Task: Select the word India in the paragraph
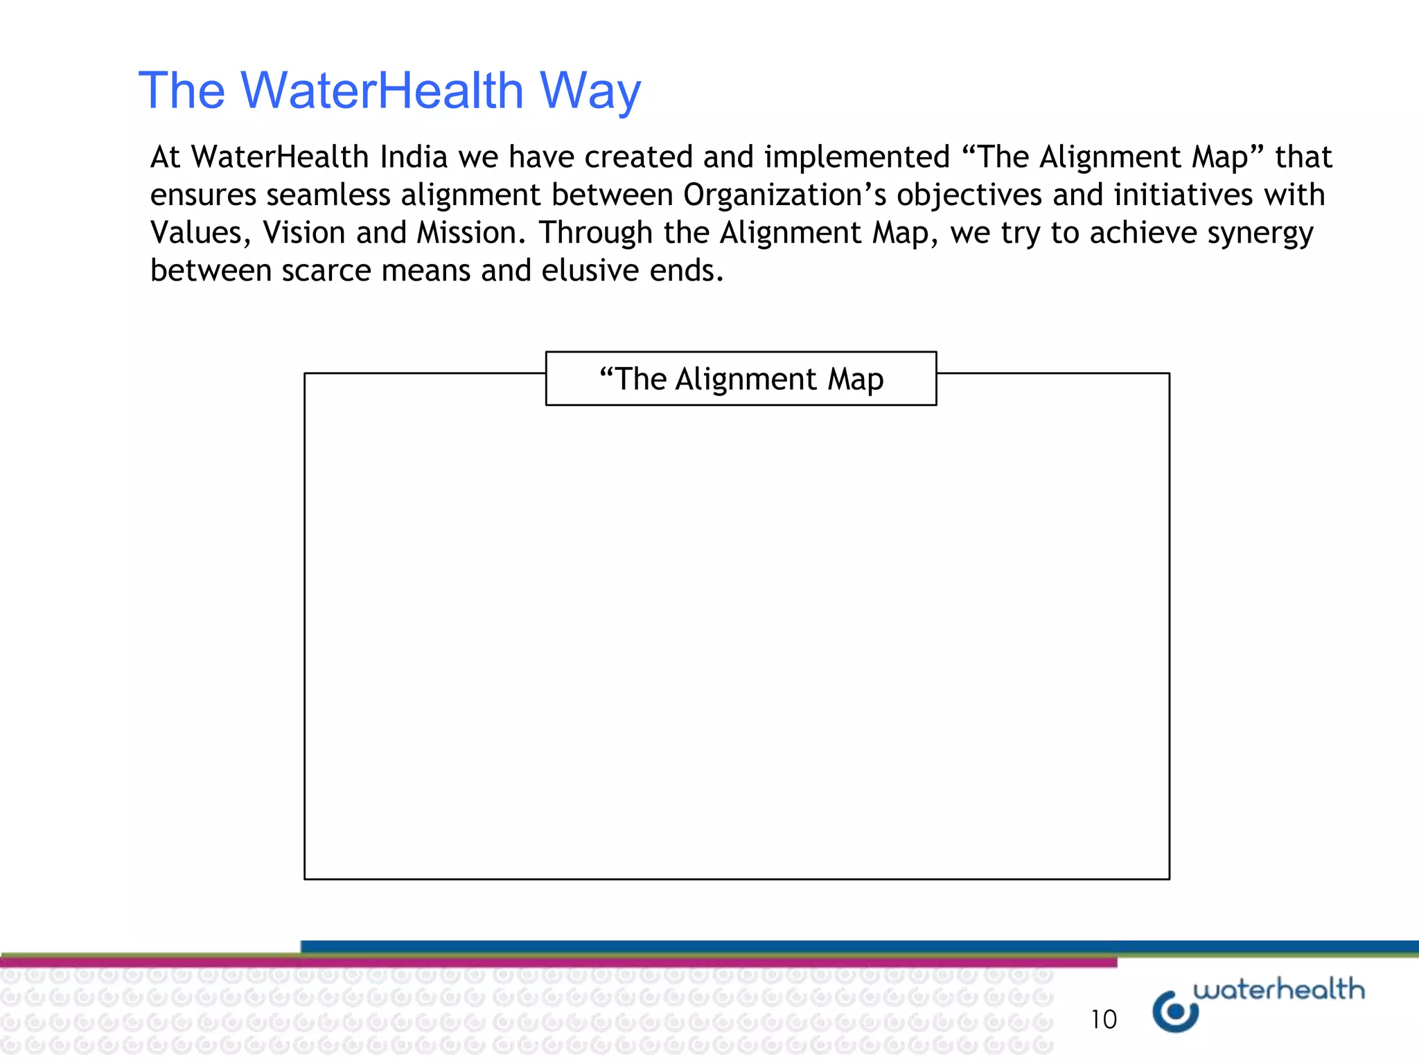414,157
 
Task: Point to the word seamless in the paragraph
328,195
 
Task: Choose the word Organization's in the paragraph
784,196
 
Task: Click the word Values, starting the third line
200,233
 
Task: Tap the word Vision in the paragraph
303,233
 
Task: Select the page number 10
1103,1020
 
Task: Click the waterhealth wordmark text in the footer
1278,989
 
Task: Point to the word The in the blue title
182,90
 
